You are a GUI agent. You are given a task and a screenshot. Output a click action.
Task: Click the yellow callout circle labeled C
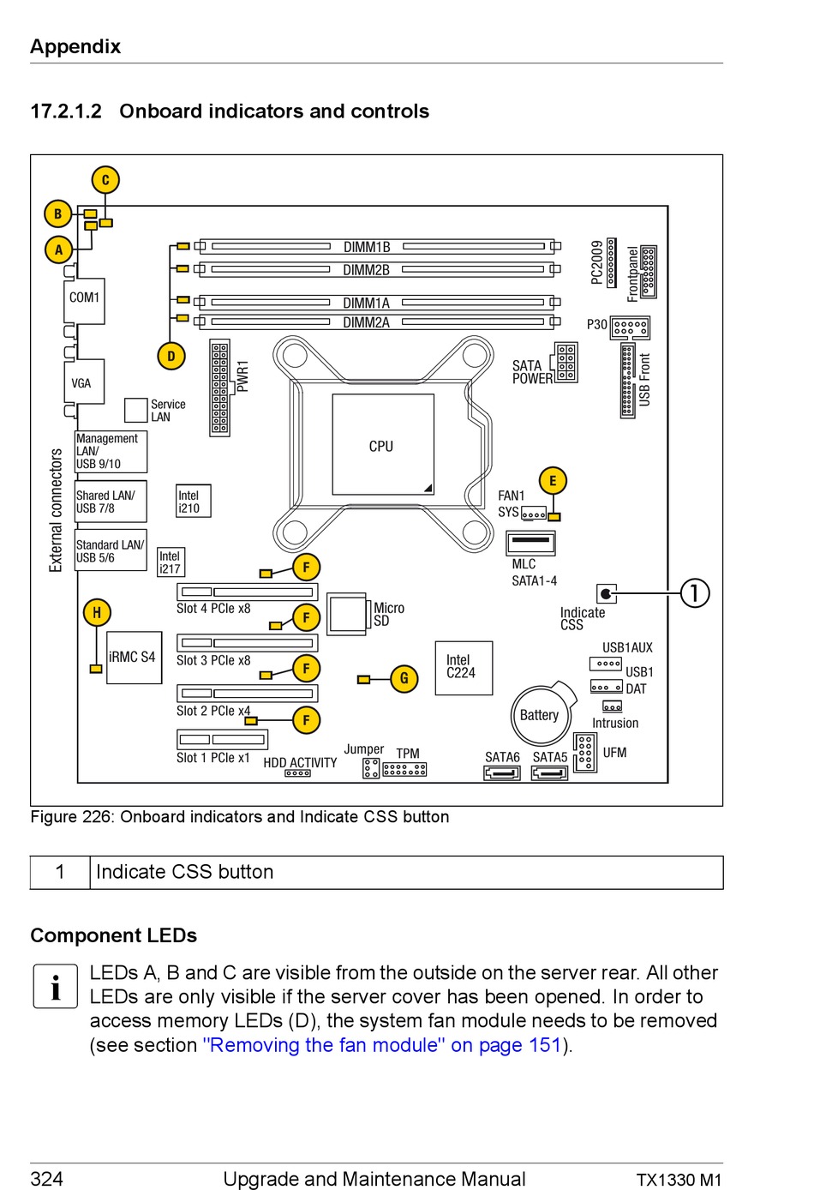pos(105,180)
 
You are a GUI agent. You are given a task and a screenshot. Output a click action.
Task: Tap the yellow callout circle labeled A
pos(59,249)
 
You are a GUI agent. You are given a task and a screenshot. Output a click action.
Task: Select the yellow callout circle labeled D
pos(171,356)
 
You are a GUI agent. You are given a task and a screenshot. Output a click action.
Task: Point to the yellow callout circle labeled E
pos(553,481)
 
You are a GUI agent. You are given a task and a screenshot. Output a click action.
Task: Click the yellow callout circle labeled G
pos(404,678)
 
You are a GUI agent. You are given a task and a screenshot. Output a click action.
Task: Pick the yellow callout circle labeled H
pos(97,612)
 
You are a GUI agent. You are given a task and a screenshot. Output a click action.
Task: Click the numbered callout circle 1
pos(695,593)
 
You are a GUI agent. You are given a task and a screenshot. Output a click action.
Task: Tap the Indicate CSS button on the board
pos(607,593)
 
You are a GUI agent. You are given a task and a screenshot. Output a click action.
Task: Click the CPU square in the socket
pos(383,444)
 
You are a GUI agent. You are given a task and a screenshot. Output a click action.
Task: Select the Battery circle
pos(541,715)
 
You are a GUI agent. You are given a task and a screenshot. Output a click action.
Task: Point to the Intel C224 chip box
pos(464,668)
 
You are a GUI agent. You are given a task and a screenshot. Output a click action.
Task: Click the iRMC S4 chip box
pos(134,657)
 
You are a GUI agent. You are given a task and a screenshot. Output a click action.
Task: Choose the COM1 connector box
pos(84,301)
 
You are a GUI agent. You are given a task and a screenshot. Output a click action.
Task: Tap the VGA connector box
pos(84,382)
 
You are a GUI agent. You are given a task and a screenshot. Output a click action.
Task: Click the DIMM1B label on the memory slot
pos(367,247)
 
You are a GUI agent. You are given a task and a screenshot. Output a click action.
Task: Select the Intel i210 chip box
pos(194,501)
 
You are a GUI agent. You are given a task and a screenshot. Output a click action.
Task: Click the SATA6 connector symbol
pos(502,772)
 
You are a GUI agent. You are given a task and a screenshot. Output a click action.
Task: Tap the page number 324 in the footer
pos(47,1178)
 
